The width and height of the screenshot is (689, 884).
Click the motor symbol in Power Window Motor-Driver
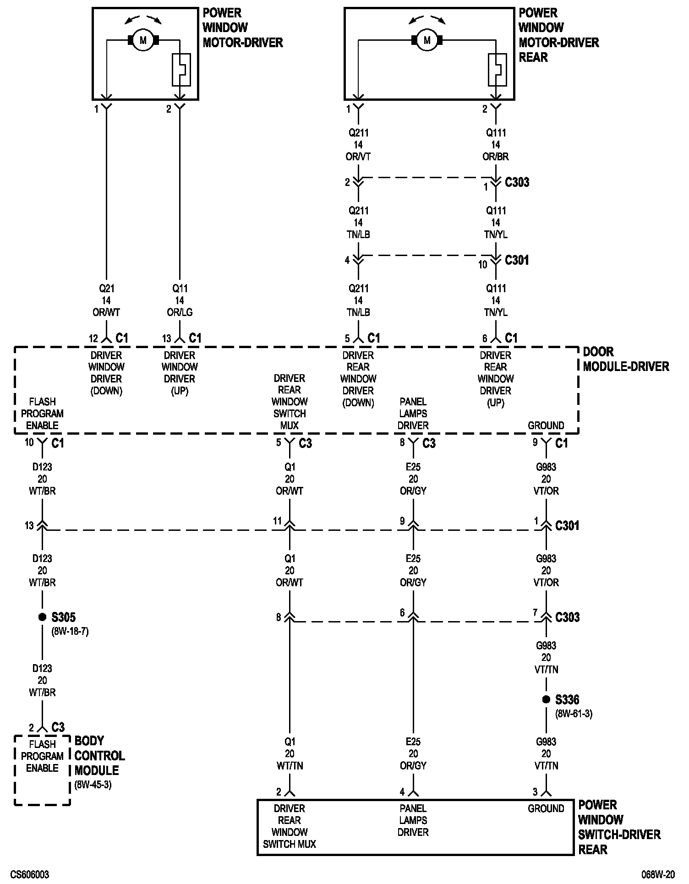pyautogui.click(x=143, y=41)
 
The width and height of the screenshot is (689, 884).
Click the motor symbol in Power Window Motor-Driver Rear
pyautogui.click(x=427, y=41)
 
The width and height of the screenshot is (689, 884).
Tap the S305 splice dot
pyautogui.click(x=42, y=617)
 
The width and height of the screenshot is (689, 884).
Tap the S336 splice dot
pyautogui.click(x=546, y=699)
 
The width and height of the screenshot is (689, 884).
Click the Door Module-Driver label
pyautogui.click(x=625, y=359)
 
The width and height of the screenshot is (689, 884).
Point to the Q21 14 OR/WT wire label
pyautogui.click(x=106, y=300)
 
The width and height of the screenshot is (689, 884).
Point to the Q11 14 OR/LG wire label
pyautogui.click(x=179, y=300)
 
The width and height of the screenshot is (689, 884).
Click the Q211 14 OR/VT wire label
pyautogui.click(x=358, y=145)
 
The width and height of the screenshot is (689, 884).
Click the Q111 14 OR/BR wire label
pyautogui.click(x=496, y=145)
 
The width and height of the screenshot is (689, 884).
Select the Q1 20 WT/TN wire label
pyautogui.click(x=290, y=753)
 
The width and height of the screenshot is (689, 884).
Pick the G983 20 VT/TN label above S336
pyautogui.click(x=546, y=657)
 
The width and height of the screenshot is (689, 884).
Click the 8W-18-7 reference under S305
pyautogui.click(x=70, y=631)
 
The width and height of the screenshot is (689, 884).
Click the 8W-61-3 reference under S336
pyautogui.click(x=574, y=714)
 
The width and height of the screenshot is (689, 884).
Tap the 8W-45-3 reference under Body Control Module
pyautogui.click(x=93, y=785)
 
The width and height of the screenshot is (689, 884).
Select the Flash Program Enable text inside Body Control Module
pyautogui.click(x=42, y=756)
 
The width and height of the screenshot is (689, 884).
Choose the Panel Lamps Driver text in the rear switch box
pyautogui.click(x=413, y=820)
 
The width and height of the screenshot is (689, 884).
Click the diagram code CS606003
pyautogui.click(x=30, y=874)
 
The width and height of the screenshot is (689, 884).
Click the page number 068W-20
pyautogui.click(x=658, y=874)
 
